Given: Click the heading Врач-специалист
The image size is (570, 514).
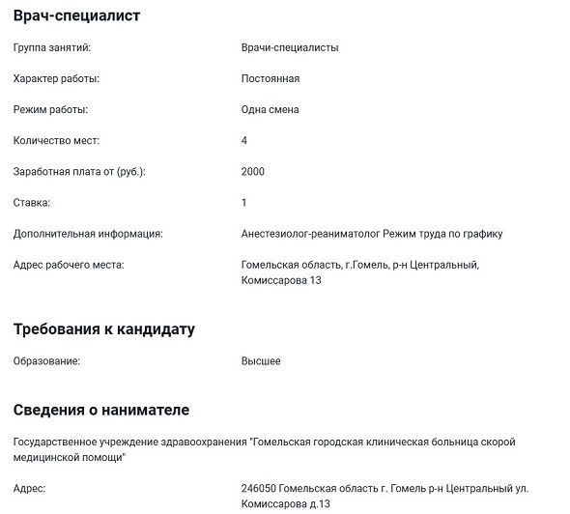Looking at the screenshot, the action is point(76,16).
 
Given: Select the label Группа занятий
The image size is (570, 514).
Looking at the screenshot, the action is point(50,47).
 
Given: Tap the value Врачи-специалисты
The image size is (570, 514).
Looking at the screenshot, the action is point(290,47).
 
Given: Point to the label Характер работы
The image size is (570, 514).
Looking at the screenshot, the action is point(56,78).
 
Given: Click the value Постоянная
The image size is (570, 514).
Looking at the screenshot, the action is point(271,78).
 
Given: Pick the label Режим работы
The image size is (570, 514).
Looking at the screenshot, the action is point(50,109).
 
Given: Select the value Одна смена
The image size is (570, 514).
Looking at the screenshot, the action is point(271,109).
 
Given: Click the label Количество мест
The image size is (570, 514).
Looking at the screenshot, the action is point(56,140).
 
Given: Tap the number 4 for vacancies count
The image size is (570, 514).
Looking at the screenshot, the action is point(244,140).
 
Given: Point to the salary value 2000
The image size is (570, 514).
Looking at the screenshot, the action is point(252,171).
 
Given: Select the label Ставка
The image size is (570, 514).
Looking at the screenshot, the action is point(32,202).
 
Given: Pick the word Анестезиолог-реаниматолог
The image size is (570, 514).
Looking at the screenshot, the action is point(310,233).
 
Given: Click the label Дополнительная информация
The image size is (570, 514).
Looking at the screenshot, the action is point(88,233).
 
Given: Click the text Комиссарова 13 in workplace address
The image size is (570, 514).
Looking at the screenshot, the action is point(280,280).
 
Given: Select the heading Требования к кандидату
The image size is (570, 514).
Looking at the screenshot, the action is point(104,328).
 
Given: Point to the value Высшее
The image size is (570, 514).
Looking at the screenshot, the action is point(261,360).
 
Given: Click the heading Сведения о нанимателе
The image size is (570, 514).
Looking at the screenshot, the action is point(101,410).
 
